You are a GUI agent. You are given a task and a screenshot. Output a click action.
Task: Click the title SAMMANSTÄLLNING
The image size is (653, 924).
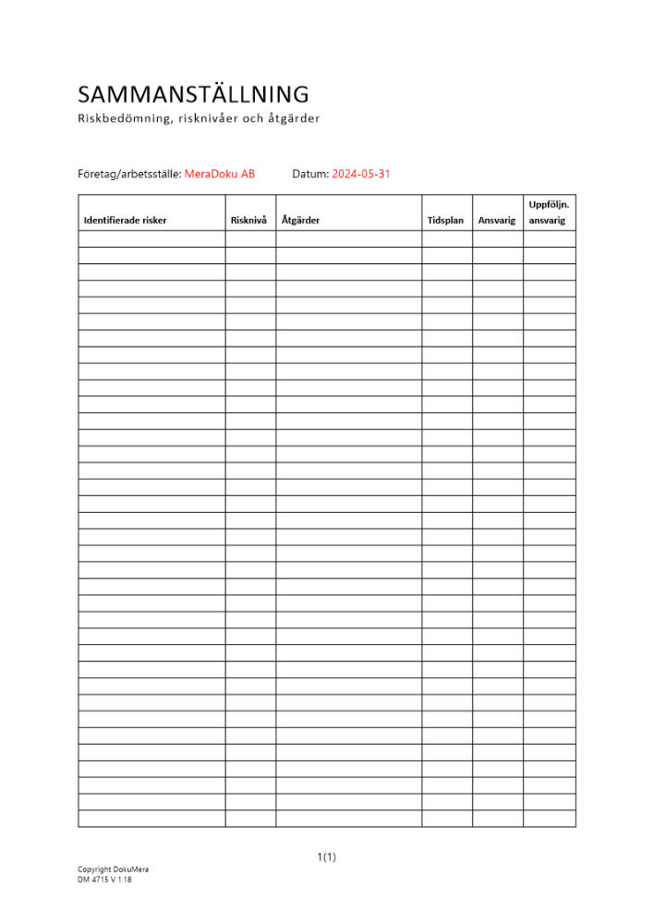click(x=193, y=94)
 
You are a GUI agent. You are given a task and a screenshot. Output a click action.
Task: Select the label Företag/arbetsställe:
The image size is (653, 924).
click(x=129, y=174)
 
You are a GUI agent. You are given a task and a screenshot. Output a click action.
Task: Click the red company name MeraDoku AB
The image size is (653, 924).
click(x=220, y=174)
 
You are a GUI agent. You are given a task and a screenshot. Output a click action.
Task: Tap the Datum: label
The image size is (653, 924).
click(x=310, y=174)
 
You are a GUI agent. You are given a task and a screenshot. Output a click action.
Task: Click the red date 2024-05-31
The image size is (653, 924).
click(x=361, y=174)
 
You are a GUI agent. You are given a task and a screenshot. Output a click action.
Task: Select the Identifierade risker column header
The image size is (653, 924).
click(x=126, y=221)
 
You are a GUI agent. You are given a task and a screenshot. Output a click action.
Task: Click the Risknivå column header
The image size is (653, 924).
click(x=248, y=221)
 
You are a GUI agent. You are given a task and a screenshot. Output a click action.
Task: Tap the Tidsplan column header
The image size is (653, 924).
click(x=446, y=221)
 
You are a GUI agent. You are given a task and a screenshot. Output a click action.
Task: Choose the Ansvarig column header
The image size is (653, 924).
click(x=497, y=221)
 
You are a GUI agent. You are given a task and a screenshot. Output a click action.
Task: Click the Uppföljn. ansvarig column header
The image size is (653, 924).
click(x=549, y=213)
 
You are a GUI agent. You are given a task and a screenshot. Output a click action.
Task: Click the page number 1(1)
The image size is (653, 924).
click(x=327, y=857)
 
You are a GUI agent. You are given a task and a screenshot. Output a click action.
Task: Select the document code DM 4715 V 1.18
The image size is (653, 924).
click(x=104, y=881)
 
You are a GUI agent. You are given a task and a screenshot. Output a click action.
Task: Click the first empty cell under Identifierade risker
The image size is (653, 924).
click(x=151, y=238)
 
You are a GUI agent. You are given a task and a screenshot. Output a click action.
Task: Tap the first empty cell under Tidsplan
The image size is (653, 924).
click(x=447, y=238)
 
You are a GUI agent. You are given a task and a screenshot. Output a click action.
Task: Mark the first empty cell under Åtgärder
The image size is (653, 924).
click(x=348, y=238)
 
